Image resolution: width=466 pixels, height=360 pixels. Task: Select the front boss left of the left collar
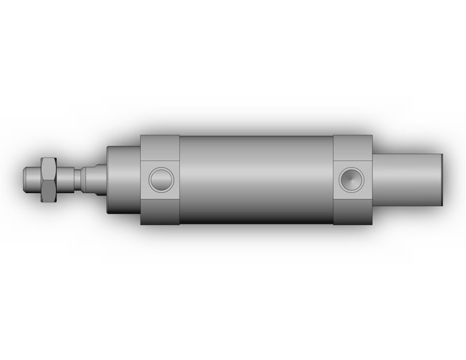click(123, 179)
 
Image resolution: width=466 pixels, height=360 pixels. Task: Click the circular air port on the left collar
click(161, 180)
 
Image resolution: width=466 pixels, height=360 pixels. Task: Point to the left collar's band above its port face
click(160, 148)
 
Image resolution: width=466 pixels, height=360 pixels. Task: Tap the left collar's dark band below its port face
click(160, 212)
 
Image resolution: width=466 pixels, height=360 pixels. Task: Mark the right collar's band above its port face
click(353, 148)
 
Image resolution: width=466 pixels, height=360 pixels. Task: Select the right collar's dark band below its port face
click(353, 212)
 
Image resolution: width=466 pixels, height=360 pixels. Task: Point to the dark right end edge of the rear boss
click(441, 179)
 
